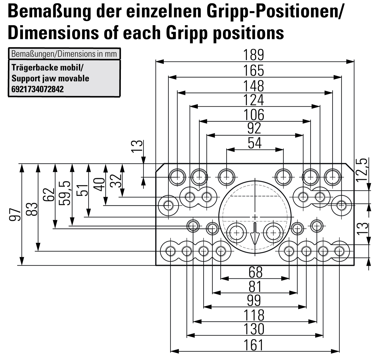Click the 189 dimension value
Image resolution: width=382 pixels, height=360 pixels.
tap(253, 55)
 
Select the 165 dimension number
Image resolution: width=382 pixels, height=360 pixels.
tap(253, 71)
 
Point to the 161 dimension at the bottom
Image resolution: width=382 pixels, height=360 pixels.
tap(253, 345)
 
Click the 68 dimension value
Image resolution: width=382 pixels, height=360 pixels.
tap(255, 272)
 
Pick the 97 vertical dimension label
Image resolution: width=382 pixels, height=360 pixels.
tap(15, 214)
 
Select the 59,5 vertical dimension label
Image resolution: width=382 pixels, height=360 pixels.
tap(65, 193)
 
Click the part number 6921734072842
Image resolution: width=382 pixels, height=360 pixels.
tap(38, 89)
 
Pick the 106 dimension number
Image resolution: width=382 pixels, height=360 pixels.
tap(254, 115)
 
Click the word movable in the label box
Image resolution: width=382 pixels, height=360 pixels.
tap(74, 79)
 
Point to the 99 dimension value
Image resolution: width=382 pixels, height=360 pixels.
tap(254, 301)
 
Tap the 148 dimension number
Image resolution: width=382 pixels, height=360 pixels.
tap(253, 86)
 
